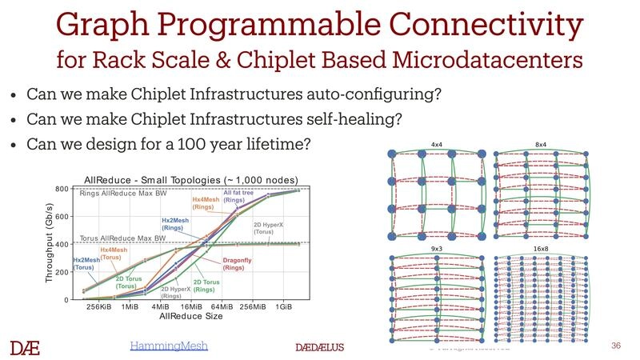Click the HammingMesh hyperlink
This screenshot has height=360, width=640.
(x=169, y=345)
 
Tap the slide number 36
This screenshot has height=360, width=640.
(x=615, y=345)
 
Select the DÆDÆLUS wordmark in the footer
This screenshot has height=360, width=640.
(x=319, y=348)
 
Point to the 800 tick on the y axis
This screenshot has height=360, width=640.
(x=61, y=189)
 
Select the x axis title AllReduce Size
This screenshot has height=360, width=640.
(x=192, y=318)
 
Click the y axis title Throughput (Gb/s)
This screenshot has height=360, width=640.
(x=47, y=243)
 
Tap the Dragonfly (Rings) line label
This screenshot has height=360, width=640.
(x=234, y=263)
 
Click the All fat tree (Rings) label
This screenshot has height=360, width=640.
(x=234, y=196)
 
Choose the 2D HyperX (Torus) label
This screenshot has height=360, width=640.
(x=269, y=228)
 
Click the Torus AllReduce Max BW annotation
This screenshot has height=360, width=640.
(x=122, y=238)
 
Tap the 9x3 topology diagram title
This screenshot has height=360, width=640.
(x=436, y=250)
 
